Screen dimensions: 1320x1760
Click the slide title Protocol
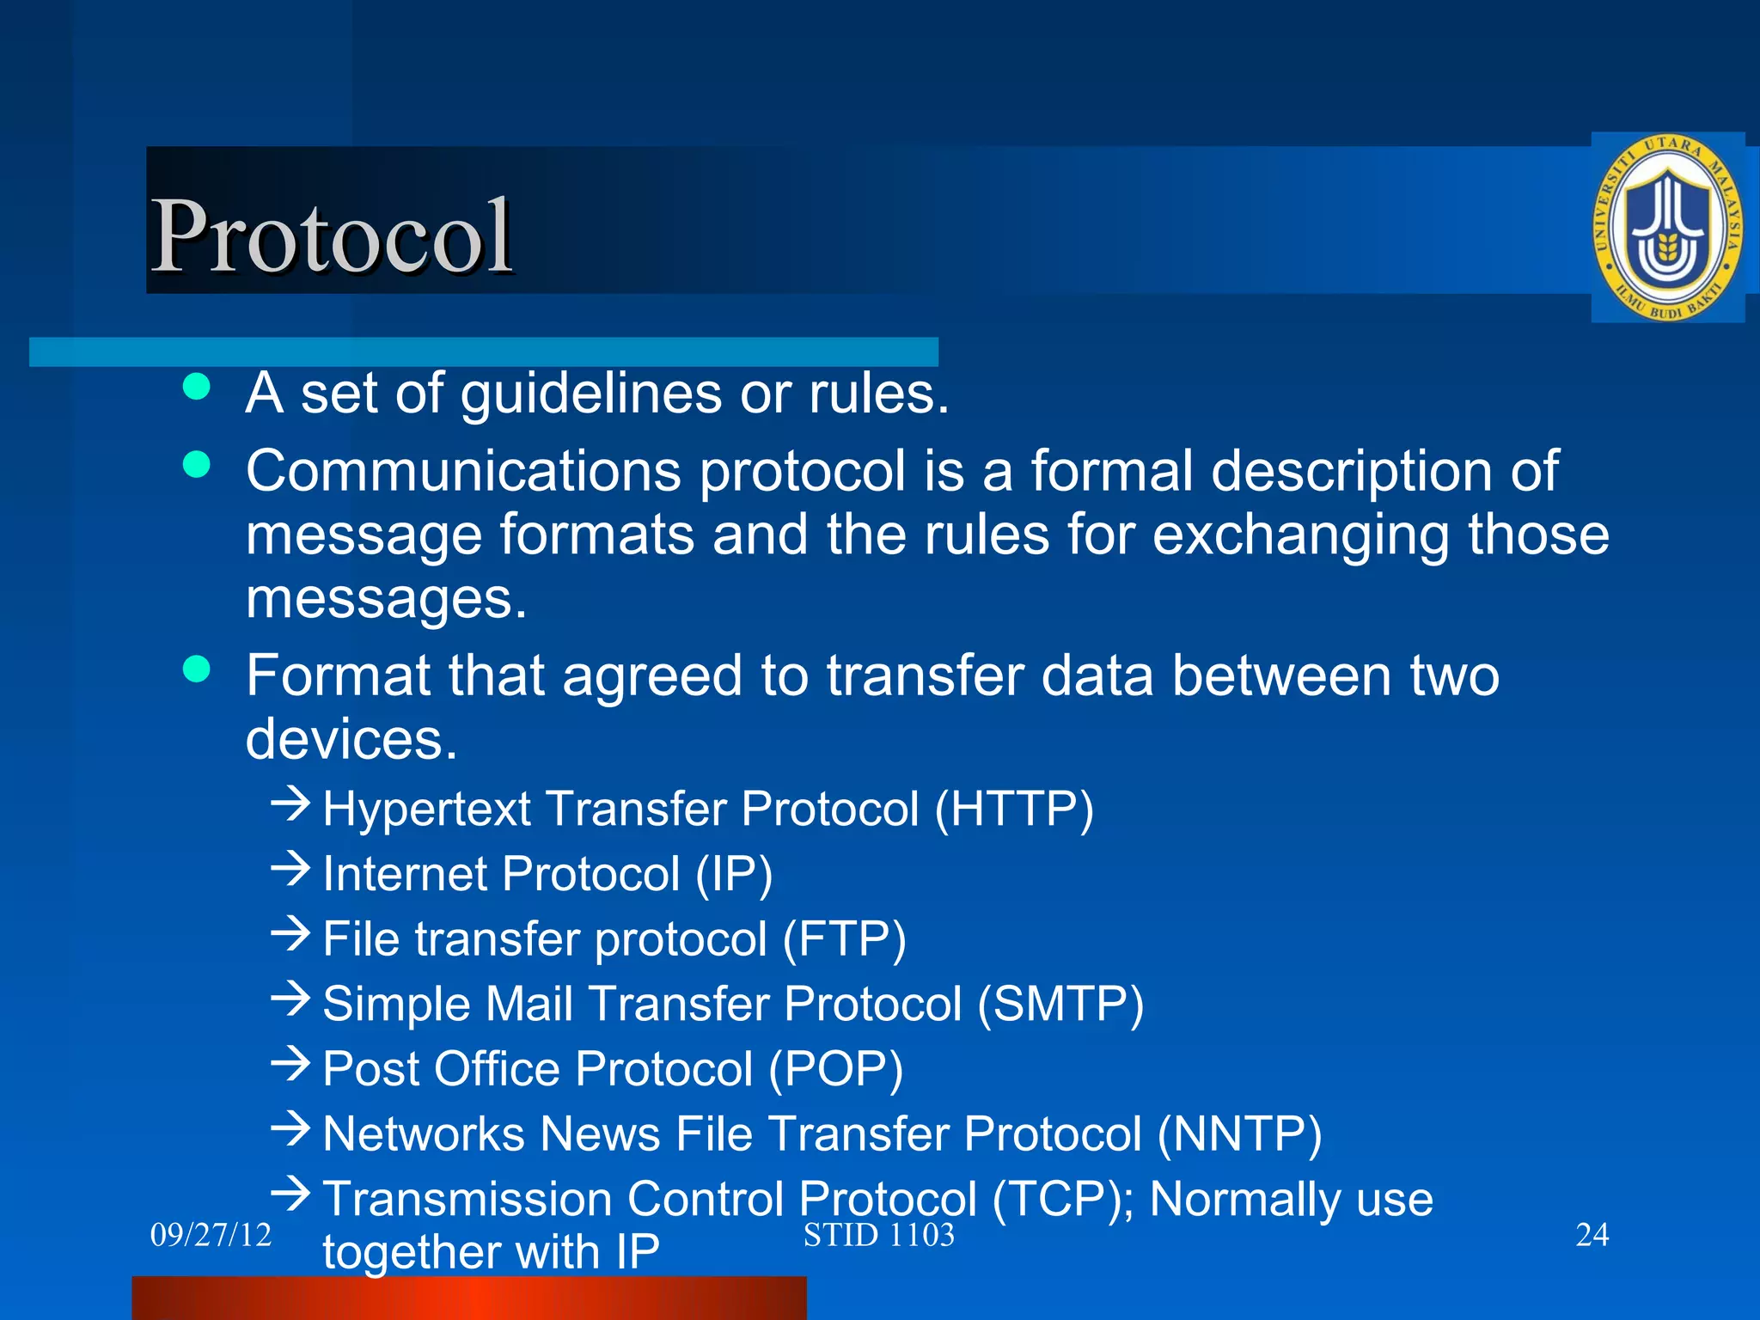(332, 236)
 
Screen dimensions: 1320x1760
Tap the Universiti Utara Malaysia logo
(1666, 228)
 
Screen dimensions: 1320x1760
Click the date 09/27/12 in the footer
(211, 1235)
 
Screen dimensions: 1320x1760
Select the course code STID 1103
(878, 1235)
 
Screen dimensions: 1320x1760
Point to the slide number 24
(1592, 1235)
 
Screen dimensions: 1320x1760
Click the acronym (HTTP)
(1014, 810)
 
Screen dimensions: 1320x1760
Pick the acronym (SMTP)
(1060, 1004)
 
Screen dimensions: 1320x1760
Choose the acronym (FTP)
(844, 938)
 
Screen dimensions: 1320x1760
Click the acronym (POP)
(835, 1069)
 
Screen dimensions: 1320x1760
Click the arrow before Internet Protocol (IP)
(290, 869)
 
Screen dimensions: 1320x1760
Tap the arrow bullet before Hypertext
(290, 804)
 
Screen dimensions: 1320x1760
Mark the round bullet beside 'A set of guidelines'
(197, 387)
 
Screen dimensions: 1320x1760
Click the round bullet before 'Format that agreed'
(197, 669)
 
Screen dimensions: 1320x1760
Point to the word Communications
(462, 471)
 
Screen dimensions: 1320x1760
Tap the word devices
(351, 739)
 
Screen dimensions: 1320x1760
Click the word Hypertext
(427, 810)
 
